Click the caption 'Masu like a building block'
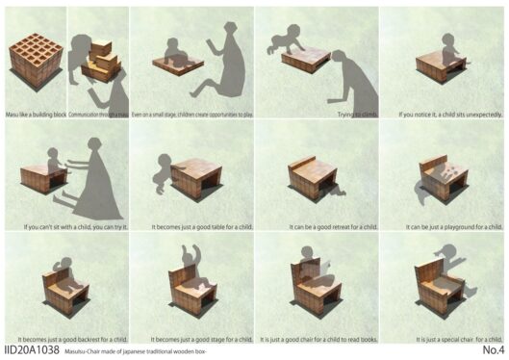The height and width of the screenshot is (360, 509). [35, 114]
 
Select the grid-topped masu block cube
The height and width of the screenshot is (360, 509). [35, 60]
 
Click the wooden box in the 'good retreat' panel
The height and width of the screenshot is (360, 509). [315, 178]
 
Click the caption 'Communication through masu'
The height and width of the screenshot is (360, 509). [97, 114]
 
